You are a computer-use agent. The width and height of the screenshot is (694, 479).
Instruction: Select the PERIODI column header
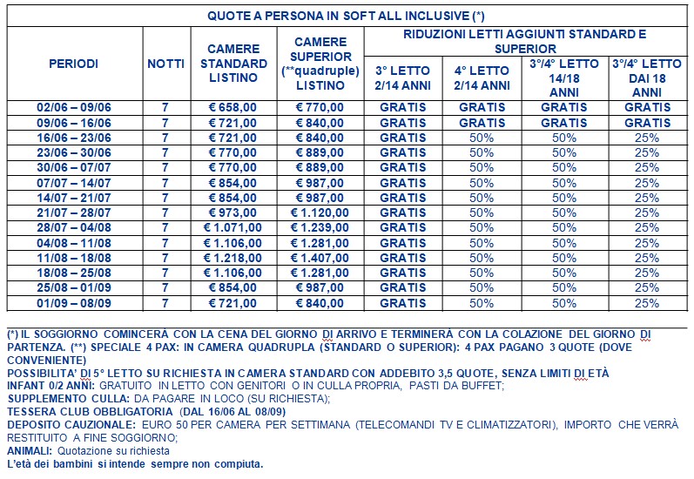73,64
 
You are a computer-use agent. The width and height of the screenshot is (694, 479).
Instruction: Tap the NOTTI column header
165,64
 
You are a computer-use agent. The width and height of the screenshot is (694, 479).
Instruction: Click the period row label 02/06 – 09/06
73,108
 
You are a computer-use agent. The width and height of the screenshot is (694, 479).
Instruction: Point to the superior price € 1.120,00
320,213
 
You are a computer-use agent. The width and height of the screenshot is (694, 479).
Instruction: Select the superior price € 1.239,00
320,227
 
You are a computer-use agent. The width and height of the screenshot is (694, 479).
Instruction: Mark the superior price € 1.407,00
320,258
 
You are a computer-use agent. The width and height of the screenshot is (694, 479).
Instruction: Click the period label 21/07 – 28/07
73,213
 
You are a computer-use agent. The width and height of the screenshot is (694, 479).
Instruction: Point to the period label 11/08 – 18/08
73,258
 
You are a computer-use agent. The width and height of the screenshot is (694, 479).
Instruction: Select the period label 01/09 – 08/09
73,303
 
